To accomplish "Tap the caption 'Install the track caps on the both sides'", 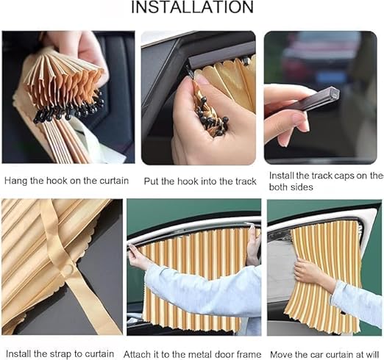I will (324, 181).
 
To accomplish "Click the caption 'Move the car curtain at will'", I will (324, 353).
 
